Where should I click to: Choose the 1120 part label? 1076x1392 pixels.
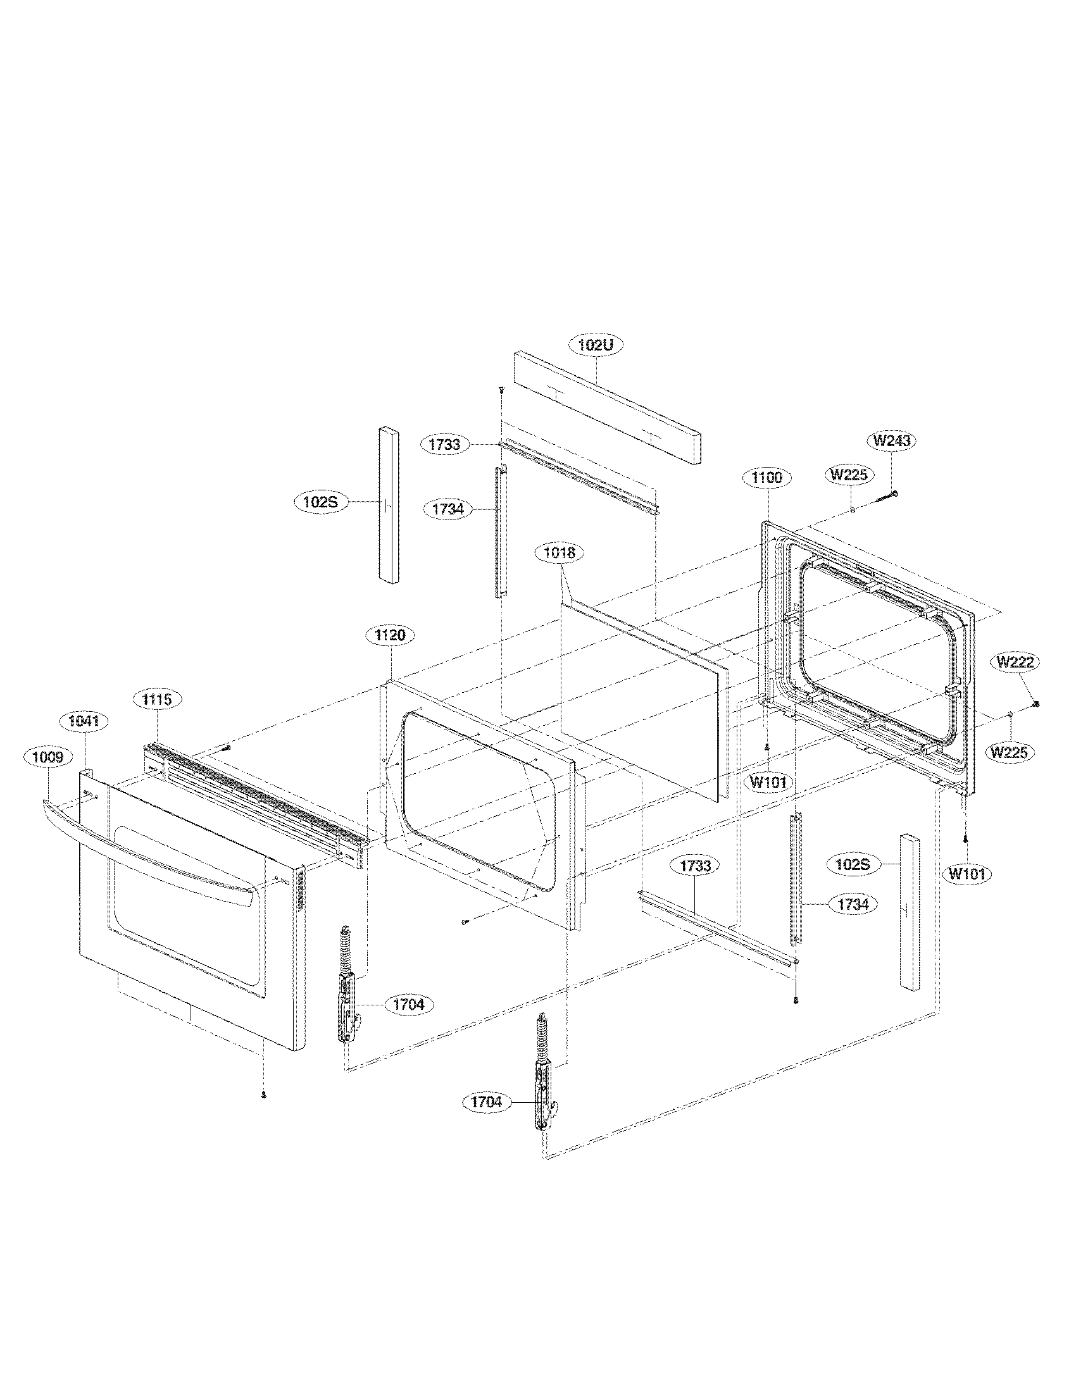pyautogui.click(x=390, y=635)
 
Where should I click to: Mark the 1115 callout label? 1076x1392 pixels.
pyautogui.click(x=157, y=699)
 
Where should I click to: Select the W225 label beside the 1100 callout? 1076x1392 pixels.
pyautogui.click(x=850, y=474)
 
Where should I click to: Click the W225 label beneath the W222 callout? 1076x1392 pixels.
pyautogui.click(x=1008, y=752)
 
